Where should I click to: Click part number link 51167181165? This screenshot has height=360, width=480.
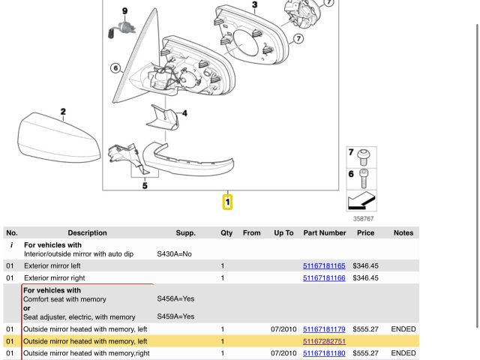point(324,266)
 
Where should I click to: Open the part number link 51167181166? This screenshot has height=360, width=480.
point(324,278)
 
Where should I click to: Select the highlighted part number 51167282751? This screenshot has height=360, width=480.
point(324,341)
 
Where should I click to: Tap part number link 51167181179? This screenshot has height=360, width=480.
point(324,329)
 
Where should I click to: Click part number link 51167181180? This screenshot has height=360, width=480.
point(324,353)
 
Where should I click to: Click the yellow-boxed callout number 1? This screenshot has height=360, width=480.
point(228,202)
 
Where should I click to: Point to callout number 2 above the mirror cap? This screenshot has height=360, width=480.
point(63,112)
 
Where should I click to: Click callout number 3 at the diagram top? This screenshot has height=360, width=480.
point(254,5)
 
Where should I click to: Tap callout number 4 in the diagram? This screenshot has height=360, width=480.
point(184,114)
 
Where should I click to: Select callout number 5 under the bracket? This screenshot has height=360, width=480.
point(145,185)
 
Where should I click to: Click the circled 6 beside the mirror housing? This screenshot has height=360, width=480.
point(115,68)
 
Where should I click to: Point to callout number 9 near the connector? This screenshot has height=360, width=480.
point(124,10)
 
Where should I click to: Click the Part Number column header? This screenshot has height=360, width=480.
point(324,233)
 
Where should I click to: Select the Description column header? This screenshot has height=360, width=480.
point(87,233)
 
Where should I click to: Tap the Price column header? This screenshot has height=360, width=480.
point(365,233)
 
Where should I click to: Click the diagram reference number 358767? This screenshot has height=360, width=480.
point(363,219)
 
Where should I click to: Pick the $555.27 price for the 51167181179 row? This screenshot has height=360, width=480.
point(365,329)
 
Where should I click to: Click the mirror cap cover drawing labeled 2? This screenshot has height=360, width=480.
point(56,139)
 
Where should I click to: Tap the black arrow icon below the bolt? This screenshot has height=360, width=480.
point(361,201)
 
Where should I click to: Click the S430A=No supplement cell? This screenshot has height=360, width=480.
point(174,254)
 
